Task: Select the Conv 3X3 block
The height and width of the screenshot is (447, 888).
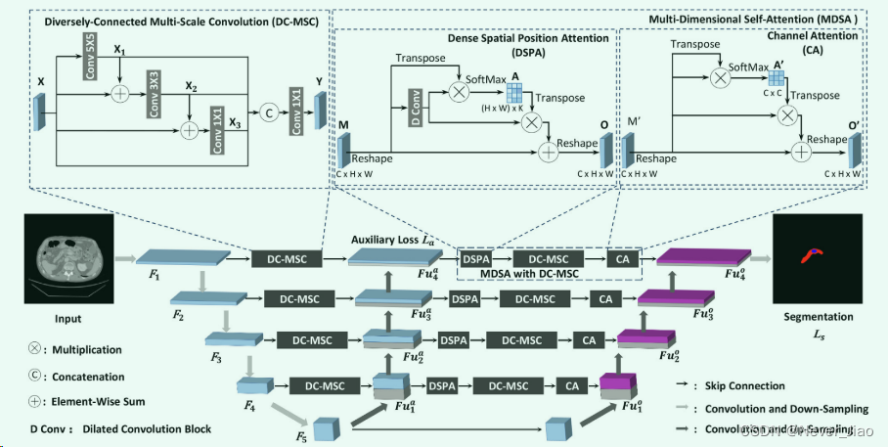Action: tap(154, 93)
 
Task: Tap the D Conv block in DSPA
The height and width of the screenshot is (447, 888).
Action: tap(414, 108)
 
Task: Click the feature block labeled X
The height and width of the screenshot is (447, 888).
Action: tap(41, 112)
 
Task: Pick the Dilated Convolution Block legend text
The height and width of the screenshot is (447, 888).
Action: tap(148, 428)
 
